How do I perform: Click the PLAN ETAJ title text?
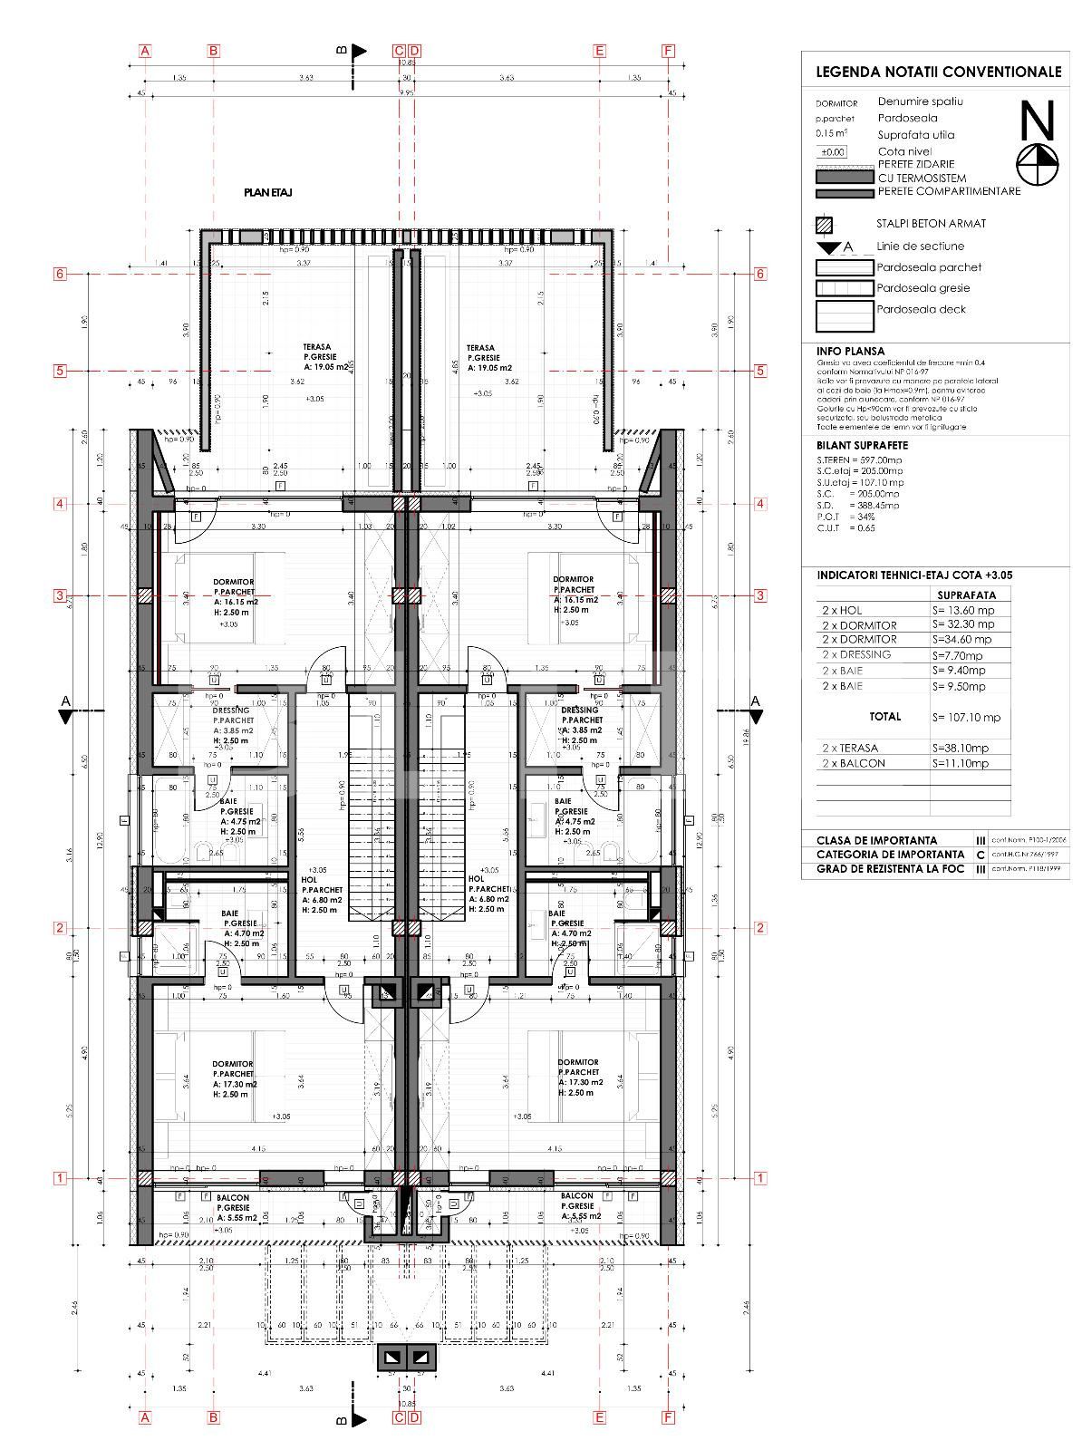pyautogui.click(x=267, y=192)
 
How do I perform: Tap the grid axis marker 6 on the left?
pyautogui.click(x=60, y=274)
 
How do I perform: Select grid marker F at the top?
pyautogui.click(x=669, y=51)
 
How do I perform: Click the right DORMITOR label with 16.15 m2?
pyautogui.click(x=573, y=579)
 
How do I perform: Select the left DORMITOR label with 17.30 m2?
pyautogui.click(x=233, y=1064)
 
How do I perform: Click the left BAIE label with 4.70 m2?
pyautogui.click(x=237, y=913)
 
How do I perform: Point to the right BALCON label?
pyautogui.click(x=576, y=1197)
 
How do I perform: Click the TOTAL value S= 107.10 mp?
pyautogui.click(x=966, y=717)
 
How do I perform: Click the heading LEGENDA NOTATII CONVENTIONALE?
pyautogui.click(x=938, y=71)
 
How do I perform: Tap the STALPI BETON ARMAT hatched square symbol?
pyautogui.click(x=825, y=225)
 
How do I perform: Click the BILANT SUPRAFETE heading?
pyautogui.click(x=862, y=445)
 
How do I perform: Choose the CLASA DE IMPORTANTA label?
pyautogui.click(x=876, y=840)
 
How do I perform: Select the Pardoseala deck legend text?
pyautogui.click(x=921, y=309)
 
